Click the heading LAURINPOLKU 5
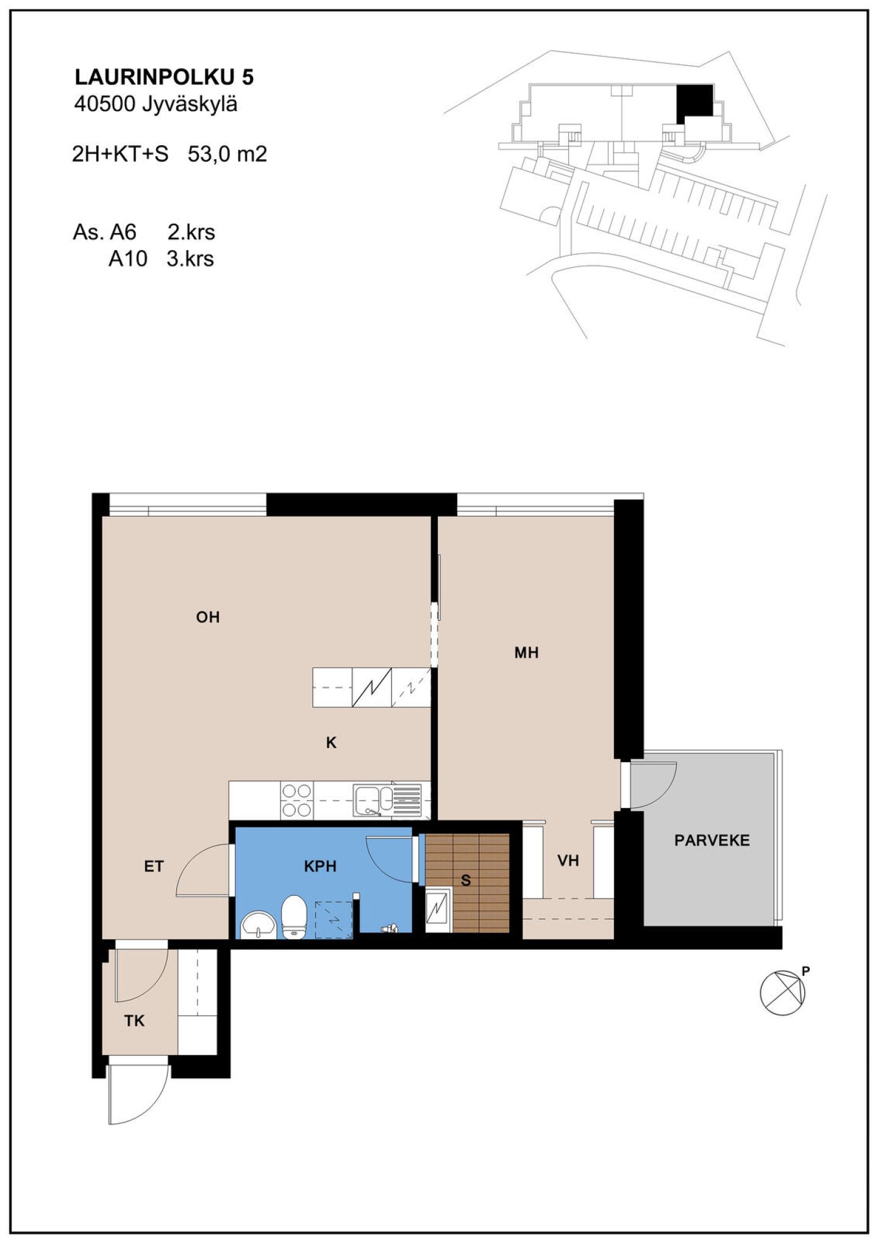164,77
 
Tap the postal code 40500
104,104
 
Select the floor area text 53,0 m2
227,154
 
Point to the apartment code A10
128,259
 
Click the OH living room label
208,617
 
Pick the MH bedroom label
527,652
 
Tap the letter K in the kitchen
331,742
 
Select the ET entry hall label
154,866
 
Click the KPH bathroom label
320,866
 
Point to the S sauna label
466,880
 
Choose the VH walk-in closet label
568,860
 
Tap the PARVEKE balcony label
712,840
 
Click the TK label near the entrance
134,1020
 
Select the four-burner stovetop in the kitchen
296,801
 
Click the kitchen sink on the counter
387,800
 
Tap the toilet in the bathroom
294,917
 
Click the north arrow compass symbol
783,992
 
